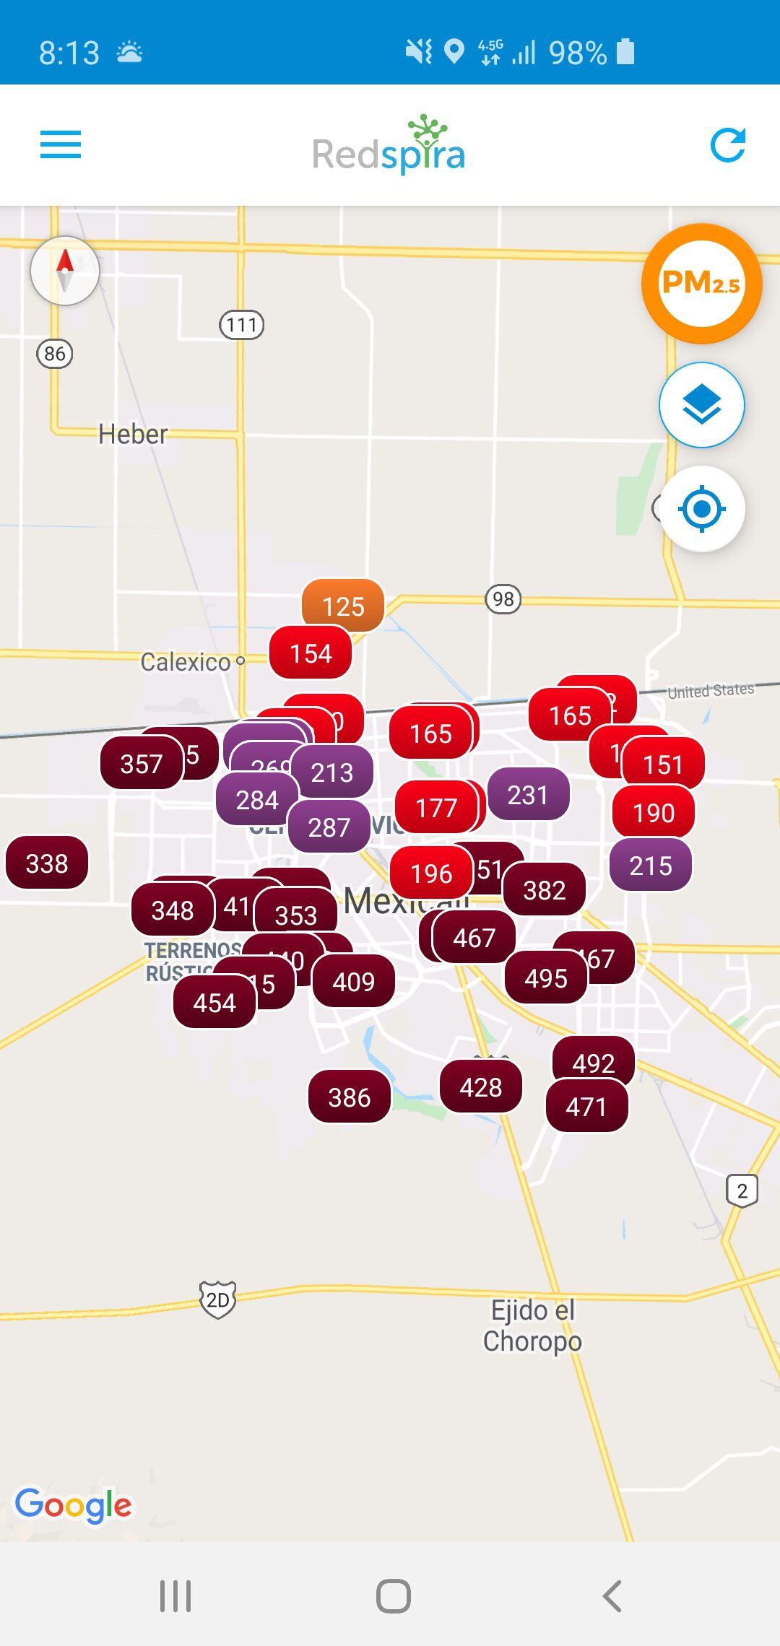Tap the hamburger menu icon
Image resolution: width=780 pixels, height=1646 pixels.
[61, 144]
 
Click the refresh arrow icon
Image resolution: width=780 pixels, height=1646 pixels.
[727, 145]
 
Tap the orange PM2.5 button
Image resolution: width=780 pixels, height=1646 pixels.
[701, 284]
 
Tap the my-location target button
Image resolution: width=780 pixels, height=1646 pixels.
[701, 509]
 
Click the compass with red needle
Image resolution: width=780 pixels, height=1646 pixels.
[65, 271]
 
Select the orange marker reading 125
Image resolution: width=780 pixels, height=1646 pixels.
[343, 606]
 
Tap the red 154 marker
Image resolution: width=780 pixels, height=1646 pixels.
[311, 653]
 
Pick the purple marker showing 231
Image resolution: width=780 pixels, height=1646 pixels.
[528, 795]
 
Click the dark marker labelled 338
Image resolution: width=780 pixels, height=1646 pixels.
[47, 863]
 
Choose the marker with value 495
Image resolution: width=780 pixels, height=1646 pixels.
[546, 978]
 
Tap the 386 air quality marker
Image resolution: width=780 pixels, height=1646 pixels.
[350, 1097]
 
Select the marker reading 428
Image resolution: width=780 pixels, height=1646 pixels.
[481, 1087]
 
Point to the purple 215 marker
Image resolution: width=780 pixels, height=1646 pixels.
[651, 866]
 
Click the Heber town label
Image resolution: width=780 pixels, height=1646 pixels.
[133, 434]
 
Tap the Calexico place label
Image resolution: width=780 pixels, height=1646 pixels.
[186, 662]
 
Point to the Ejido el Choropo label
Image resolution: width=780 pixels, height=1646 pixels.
[532, 1325]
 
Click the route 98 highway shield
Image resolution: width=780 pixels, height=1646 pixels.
[503, 599]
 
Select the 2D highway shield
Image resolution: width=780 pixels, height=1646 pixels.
[217, 1300]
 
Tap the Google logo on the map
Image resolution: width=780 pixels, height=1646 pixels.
[74, 1505]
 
